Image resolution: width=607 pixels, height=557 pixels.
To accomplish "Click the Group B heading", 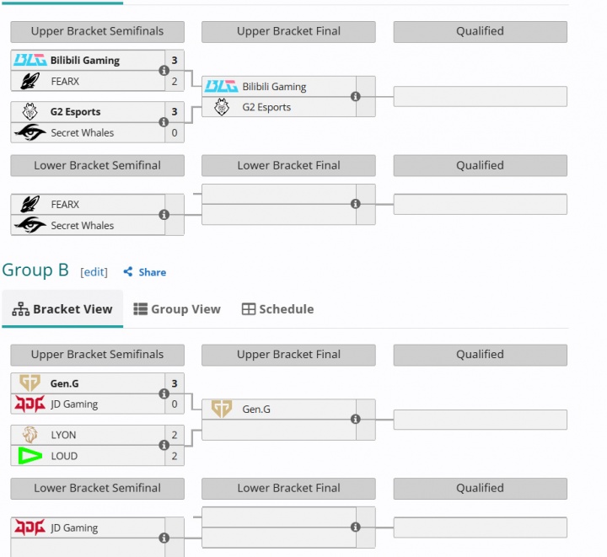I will point(35,270).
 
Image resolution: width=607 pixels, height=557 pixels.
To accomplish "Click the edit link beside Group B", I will point(94,272).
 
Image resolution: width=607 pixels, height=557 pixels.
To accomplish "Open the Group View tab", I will point(177,309).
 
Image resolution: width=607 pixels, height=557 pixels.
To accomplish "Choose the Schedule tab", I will point(277,309).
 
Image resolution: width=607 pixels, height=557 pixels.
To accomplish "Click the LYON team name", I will point(63,435).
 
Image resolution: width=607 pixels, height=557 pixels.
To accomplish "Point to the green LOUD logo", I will point(30,456).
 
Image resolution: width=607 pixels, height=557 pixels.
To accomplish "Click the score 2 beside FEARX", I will point(175,82).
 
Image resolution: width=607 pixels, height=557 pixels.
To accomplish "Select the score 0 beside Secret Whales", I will point(175,133).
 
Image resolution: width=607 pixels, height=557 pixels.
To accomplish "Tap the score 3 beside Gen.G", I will point(175,383).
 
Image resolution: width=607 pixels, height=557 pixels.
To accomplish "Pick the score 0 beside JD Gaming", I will point(175,404).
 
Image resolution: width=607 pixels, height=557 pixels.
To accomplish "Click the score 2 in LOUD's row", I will point(175,456).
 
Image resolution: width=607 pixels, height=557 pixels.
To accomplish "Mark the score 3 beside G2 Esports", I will point(175,112).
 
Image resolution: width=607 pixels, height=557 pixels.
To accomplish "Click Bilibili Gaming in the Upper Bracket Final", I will point(274,87).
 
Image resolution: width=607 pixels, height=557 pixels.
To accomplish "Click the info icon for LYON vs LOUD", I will point(164,446).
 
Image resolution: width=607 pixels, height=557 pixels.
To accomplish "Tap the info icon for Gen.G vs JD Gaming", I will point(164,394).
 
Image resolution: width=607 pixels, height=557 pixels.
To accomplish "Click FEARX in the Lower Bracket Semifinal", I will point(65,205).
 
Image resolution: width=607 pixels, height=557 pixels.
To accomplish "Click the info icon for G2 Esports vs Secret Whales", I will point(164,123).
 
